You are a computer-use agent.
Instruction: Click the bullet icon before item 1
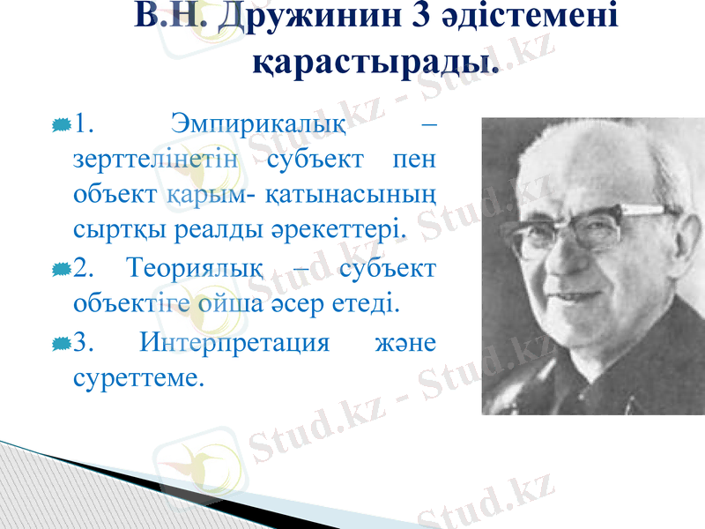pos(61,124)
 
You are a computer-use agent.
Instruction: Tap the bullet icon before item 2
pos(61,268)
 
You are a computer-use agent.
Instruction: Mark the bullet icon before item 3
pos(61,342)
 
